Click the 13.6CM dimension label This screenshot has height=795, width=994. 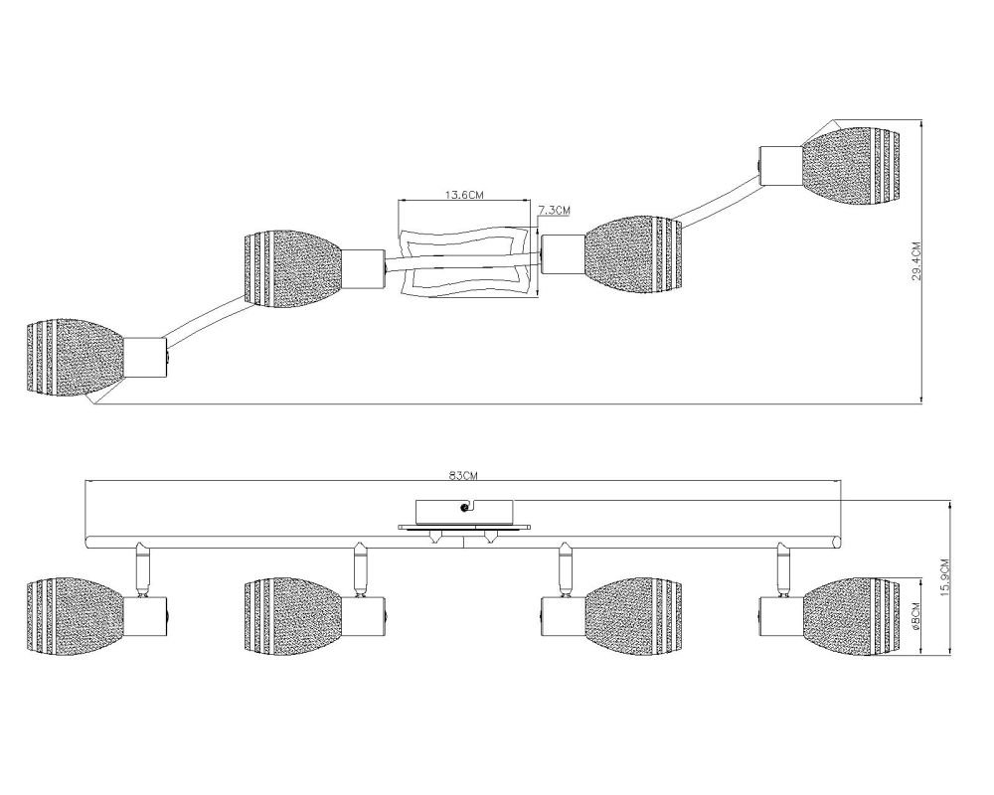pyautogui.click(x=463, y=195)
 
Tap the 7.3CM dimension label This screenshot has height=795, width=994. pyautogui.click(x=554, y=211)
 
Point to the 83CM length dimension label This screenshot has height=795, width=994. pyautogui.click(x=462, y=475)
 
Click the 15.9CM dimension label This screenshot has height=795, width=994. pyautogui.click(x=945, y=577)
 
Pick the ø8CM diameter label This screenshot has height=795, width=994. pyautogui.click(x=914, y=616)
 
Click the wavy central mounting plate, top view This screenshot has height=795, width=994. pyautogui.click(x=463, y=261)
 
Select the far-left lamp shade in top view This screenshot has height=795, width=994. pyautogui.click(x=76, y=359)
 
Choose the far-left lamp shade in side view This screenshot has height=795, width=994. pyautogui.click(x=76, y=615)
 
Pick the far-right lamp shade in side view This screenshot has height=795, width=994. pyautogui.click(x=850, y=615)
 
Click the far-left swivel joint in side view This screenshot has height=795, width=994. pyautogui.click(x=142, y=568)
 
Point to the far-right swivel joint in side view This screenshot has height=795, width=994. pyautogui.click(x=784, y=568)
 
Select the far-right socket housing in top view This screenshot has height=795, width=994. pyautogui.click(x=780, y=167)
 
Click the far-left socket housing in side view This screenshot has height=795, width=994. pyautogui.click(x=146, y=616)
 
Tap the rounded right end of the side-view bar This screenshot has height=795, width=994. pyautogui.click(x=837, y=542)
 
